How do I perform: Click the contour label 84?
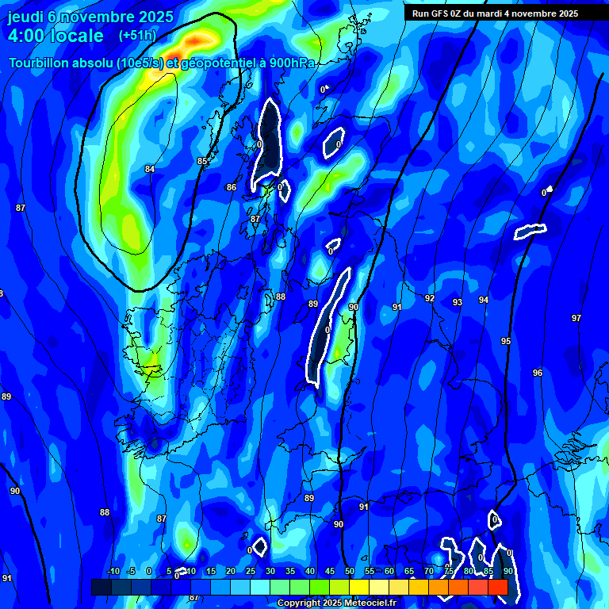pos(150,169)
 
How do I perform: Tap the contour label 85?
pos(202,161)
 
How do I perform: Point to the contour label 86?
pos(232,187)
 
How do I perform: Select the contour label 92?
pos(430,298)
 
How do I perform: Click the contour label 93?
pos(458,302)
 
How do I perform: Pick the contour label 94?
pos(484,300)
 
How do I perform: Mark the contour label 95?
pos(506,341)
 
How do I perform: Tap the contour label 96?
pos(538,373)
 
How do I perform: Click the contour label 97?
pos(576,318)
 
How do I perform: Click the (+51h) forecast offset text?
pos(137,35)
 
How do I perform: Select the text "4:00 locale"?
pos(56,36)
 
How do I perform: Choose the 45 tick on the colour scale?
pos(330,571)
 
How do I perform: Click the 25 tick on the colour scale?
pos(251,571)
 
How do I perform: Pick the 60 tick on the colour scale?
pos(389,571)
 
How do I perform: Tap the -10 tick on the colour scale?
pos(113,571)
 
